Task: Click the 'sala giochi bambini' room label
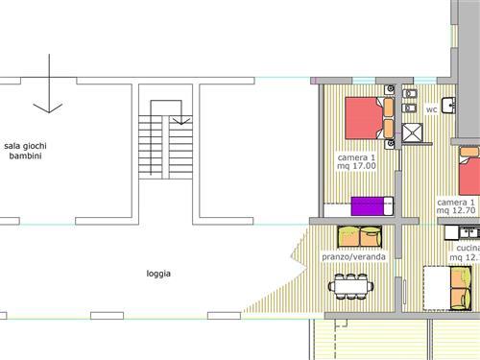(25, 151)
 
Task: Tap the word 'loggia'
(158, 274)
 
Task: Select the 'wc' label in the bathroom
(431, 109)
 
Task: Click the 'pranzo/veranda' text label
(353, 256)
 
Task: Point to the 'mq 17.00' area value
(356, 166)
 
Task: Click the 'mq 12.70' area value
(456, 210)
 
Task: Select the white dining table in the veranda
(350, 286)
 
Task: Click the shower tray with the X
(412, 132)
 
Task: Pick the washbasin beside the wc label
(448, 106)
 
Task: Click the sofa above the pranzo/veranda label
(360, 237)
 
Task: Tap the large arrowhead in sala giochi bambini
(48, 108)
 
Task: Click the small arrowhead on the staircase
(181, 121)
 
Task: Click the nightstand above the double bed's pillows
(390, 89)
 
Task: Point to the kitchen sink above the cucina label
(468, 232)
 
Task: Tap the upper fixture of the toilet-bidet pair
(409, 94)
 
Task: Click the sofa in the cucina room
(461, 288)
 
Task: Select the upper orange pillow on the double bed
(389, 108)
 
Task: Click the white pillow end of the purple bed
(389, 206)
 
